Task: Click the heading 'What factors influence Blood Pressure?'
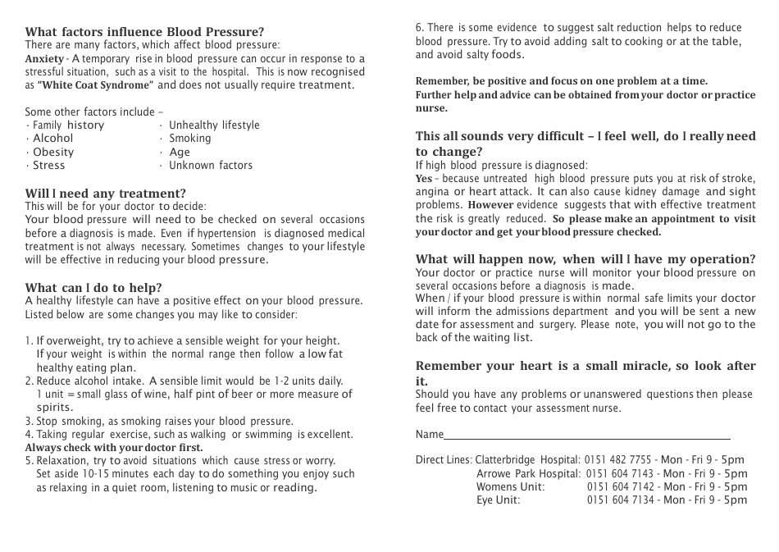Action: pyautogui.click(x=144, y=32)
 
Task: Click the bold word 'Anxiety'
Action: pyautogui.click(x=43, y=59)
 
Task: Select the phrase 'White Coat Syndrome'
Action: pyautogui.click(x=95, y=85)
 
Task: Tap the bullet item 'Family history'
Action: pyautogui.click(x=68, y=125)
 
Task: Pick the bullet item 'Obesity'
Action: pyautogui.click(x=52, y=152)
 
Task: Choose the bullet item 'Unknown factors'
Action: pyautogui.click(x=210, y=165)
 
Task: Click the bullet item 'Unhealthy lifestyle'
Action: pyautogui.click(x=213, y=125)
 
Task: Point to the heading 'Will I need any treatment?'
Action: pyautogui.click(x=105, y=194)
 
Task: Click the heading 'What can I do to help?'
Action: pyautogui.click(x=93, y=287)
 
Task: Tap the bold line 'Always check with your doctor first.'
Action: pyautogui.click(x=113, y=448)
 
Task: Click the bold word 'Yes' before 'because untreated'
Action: pyautogui.click(x=423, y=178)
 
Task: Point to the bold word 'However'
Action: pyautogui.click(x=490, y=205)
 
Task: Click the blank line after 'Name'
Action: pyautogui.click(x=586, y=435)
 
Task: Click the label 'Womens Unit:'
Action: pyautogui.click(x=510, y=486)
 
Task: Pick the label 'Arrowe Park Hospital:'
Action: pyautogui.click(x=529, y=473)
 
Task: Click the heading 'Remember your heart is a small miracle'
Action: pyautogui.click(x=585, y=366)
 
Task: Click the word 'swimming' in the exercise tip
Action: pyautogui.click(x=266, y=435)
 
